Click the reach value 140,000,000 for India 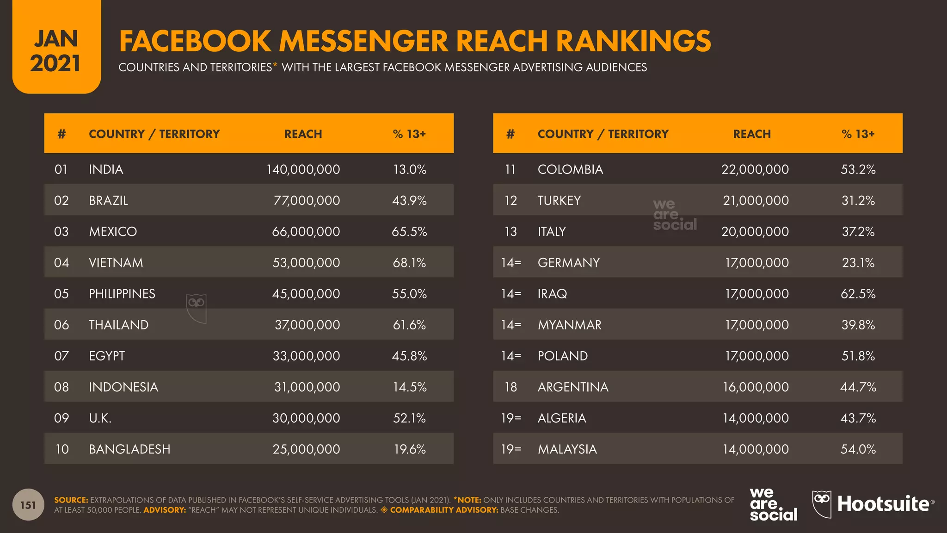coord(303,169)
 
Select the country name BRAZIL coord(108,200)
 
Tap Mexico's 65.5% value coord(409,231)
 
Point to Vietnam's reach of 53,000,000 coord(306,262)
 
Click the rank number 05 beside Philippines coord(61,294)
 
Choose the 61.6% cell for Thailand coord(409,325)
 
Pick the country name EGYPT coord(107,356)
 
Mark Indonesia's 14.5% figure coord(410,387)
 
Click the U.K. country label coord(100,418)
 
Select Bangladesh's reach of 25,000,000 coord(306,449)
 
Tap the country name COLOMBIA coord(570,169)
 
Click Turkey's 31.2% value coord(858,200)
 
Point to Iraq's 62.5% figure coord(858,294)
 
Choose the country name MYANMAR coord(570,325)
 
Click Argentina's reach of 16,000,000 coord(756,387)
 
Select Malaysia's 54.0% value coord(858,449)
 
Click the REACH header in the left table coord(303,134)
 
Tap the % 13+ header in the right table coord(858,134)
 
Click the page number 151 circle coord(28,505)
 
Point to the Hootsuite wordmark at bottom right coord(883,504)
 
